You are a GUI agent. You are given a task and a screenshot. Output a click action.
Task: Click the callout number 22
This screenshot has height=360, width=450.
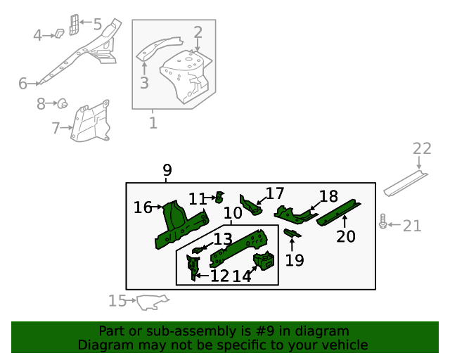pos(422,148)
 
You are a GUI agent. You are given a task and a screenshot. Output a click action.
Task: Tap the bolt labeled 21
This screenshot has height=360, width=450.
pos(382,222)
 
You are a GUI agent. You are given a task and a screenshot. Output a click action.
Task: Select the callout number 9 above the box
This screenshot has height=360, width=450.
pos(167,170)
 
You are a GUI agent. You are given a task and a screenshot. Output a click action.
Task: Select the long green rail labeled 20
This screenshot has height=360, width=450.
pos(339,212)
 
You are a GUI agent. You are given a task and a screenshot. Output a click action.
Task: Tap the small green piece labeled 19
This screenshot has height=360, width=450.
pos(293,233)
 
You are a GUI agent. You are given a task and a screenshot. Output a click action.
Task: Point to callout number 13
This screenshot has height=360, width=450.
pos(223,239)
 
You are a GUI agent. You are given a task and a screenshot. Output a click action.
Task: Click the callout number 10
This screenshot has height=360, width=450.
pos(233,213)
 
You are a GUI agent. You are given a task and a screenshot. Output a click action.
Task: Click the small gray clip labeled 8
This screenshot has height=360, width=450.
pos(62,105)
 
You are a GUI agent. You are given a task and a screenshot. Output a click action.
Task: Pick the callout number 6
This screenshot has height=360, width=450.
pos(22,84)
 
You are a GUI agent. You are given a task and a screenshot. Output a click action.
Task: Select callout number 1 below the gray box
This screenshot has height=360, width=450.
pos(153,124)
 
